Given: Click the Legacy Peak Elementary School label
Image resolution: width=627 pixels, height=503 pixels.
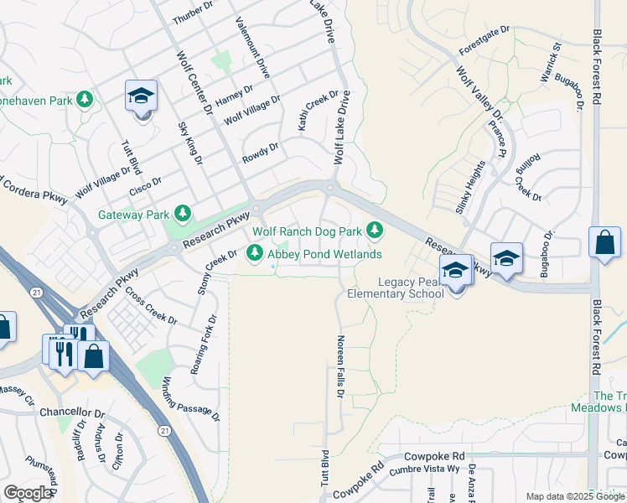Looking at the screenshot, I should [398, 288].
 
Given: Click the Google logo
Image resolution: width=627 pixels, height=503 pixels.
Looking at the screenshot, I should [28, 493].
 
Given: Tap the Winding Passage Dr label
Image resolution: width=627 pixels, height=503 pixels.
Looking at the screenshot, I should [190, 398].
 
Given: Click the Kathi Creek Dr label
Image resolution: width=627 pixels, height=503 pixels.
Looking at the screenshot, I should [318, 111].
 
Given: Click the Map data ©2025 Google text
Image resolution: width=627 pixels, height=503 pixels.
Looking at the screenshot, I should [574, 496].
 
